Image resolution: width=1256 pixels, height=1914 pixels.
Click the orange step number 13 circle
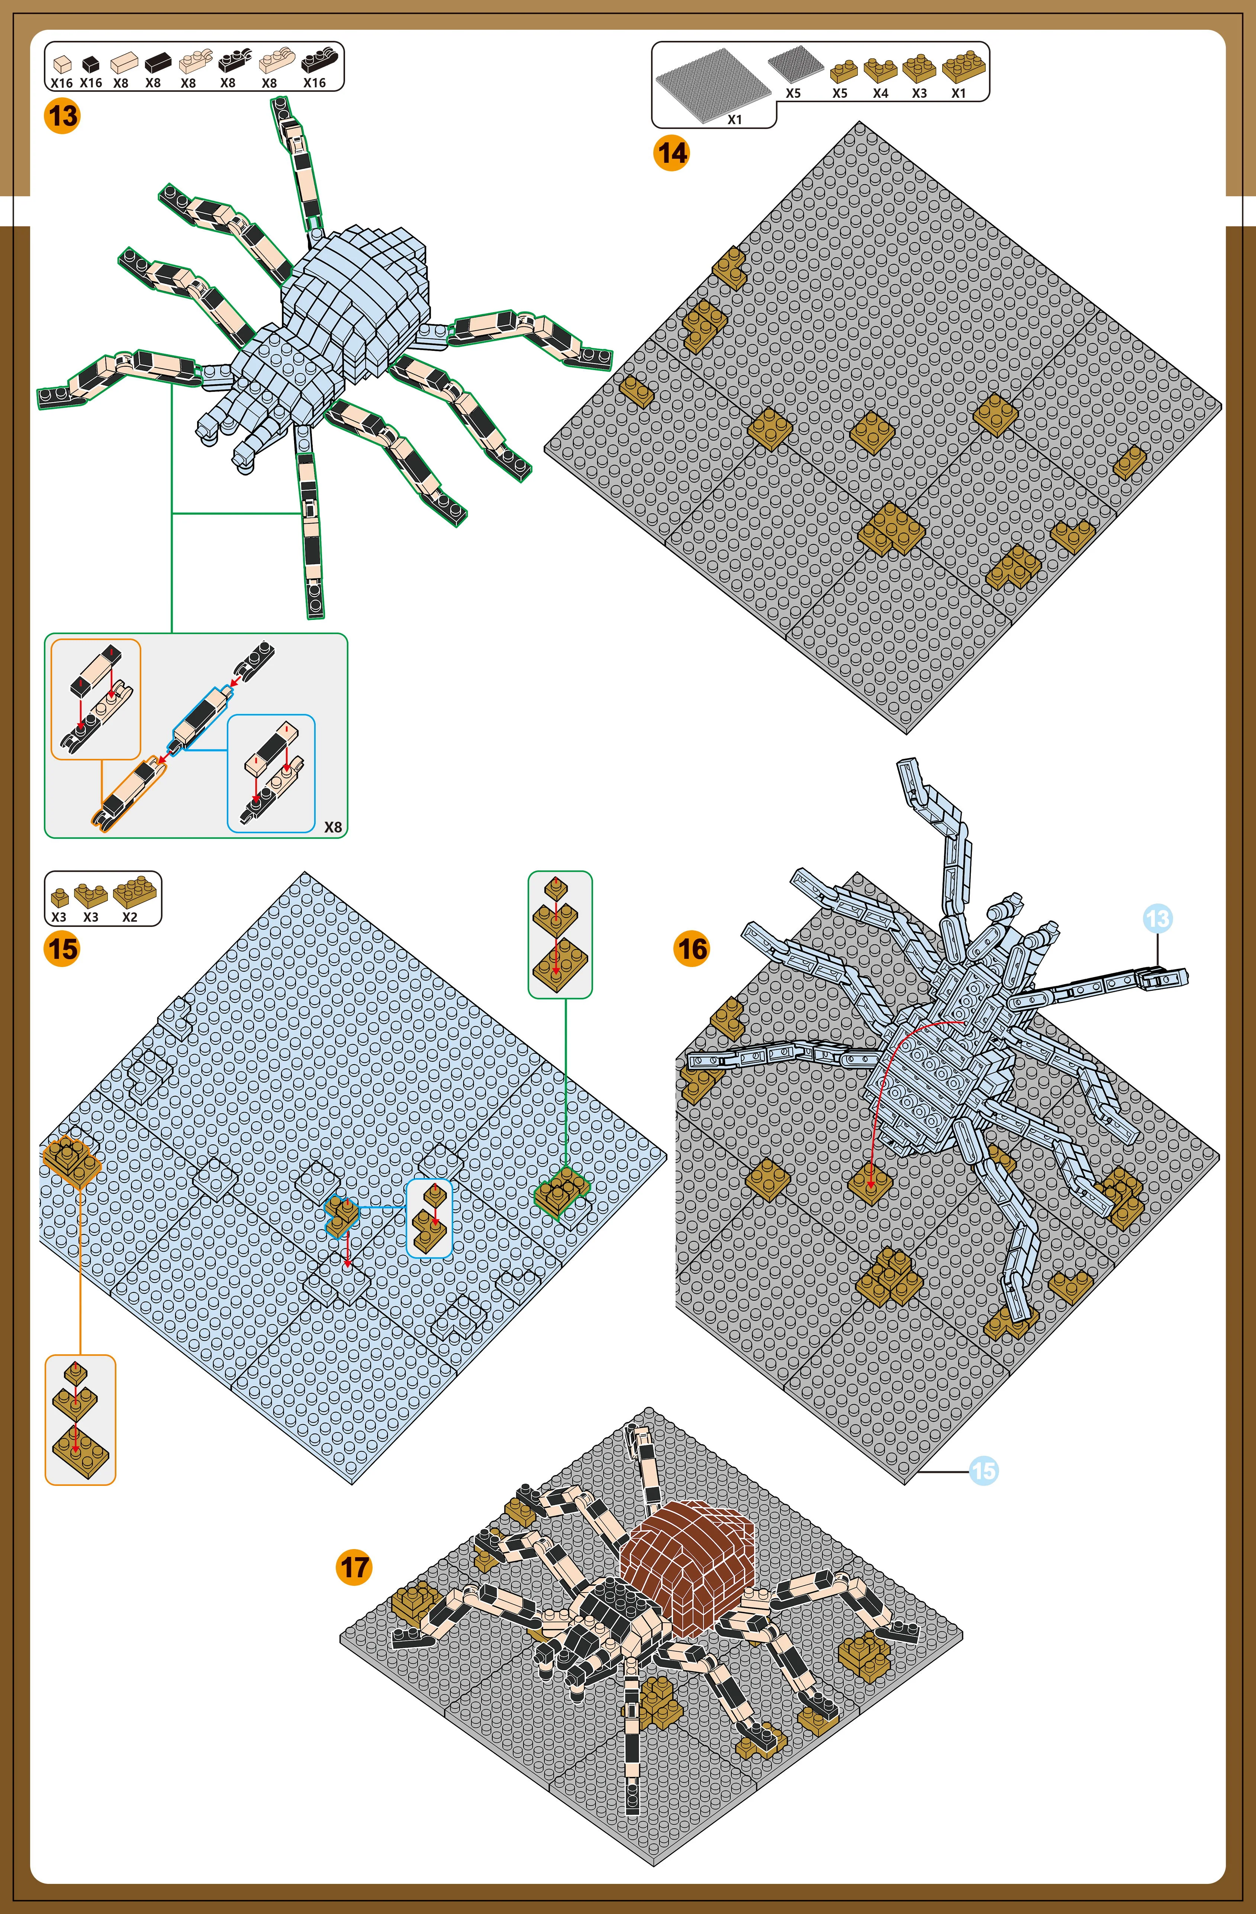pos(62,116)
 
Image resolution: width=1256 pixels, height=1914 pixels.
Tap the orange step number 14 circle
pos(671,153)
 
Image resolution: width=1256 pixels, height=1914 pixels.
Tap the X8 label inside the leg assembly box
pos(332,827)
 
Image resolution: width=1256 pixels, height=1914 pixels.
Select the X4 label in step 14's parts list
pos(880,93)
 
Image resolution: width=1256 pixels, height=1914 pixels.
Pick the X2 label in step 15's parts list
pos(129,917)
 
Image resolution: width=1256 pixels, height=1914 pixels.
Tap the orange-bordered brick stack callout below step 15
pos(80,1419)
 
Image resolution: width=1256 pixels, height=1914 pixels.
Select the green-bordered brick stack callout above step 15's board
pos(560,934)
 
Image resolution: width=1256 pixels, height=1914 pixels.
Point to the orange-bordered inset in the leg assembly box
pos(96,699)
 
